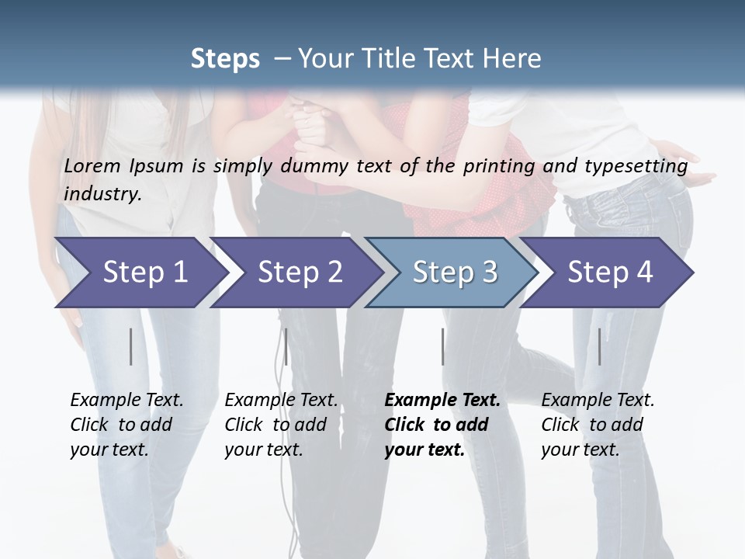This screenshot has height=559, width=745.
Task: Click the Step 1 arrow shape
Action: pyautogui.click(x=140, y=273)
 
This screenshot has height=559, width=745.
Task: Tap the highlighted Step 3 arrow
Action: pyautogui.click(x=454, y=273)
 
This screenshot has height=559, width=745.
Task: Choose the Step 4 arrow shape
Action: pyautogui.click(x=609, y=273)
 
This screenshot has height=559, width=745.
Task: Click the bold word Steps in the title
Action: pyautogui.click(x=225, y=59)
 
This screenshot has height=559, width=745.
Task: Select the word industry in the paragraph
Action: pyautogui.click(x=101, y=194)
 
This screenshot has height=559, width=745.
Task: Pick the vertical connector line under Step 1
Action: pyautogui.click(x=131, y=346)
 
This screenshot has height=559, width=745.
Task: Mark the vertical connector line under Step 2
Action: pyautogui.click(x=286, y=346)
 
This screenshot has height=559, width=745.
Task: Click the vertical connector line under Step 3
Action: pyautogui.click(x=443, y=346)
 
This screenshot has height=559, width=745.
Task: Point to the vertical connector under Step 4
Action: pyautogui.click(x=600, y=346)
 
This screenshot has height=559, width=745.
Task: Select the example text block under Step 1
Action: pyautogui.click(x=126, y=425)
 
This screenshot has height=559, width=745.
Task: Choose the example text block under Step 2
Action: pyautogui.click(x=281, y=425)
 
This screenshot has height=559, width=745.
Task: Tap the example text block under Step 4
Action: pyautogui.click(x=598, y=425)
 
